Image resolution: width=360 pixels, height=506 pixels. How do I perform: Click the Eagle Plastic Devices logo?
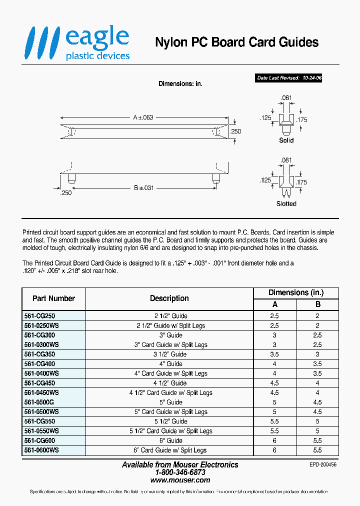pos(78,43)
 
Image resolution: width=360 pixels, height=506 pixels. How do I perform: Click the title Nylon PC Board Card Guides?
pos(236,42)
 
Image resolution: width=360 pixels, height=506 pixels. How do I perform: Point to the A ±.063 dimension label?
pos(143,117)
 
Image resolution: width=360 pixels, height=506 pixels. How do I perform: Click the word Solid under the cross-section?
pos(286,141)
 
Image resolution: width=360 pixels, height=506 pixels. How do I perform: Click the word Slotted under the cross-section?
pos(286,204)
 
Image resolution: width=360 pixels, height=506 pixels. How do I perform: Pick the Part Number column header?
pos(53,298)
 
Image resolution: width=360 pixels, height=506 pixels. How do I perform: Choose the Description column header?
pos(169,298)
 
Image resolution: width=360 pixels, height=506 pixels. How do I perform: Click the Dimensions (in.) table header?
pos(296,293)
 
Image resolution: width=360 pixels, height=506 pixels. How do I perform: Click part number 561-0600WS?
pos(41,450)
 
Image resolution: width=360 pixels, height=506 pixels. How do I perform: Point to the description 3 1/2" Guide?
pos(169,354)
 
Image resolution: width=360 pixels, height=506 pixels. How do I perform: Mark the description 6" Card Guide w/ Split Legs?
pos(169,450)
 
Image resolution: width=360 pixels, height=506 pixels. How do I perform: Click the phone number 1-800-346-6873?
pos(180,472)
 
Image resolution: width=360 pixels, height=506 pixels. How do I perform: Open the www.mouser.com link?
pos(180,480)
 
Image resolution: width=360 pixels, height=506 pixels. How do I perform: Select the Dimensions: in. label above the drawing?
pos(180,84)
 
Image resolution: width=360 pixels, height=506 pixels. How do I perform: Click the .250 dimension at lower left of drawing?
pos(65,193)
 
